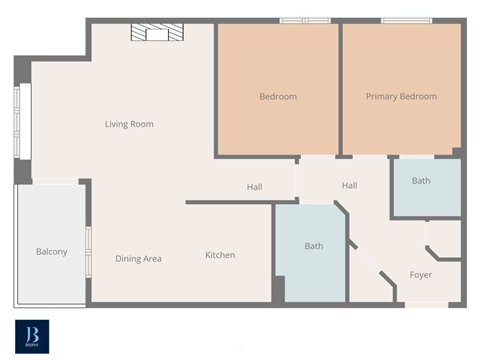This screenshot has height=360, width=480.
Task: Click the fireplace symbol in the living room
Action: tap(157, 34)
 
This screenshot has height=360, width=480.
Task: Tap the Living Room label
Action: tap(129, 124)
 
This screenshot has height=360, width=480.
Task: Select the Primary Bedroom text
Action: tap(401, 96)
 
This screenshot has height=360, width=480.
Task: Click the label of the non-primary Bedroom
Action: tap(278, 96)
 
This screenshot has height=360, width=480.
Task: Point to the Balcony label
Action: tap(52, 251)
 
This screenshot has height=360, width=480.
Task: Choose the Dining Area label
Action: tap(139, 259)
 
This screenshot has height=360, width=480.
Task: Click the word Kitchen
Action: tap(220, 255)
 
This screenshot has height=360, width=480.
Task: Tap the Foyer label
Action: tap(421, 274)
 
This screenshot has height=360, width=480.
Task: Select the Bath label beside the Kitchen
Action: tap(314, 246)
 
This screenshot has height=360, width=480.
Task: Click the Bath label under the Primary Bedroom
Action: tap(421, 180)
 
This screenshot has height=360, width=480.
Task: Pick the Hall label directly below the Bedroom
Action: tap(254, 187)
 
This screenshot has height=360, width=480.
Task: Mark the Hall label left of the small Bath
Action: tap(349, 185)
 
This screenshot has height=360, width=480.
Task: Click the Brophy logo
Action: tap(32, 336)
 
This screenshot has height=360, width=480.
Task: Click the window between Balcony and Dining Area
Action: tap(88, 251)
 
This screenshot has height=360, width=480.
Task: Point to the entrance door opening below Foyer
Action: tap(425, 305)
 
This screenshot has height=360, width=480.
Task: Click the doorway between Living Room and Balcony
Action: tap(55, 181)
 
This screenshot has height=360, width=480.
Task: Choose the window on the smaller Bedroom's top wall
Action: tap(305, 21)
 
